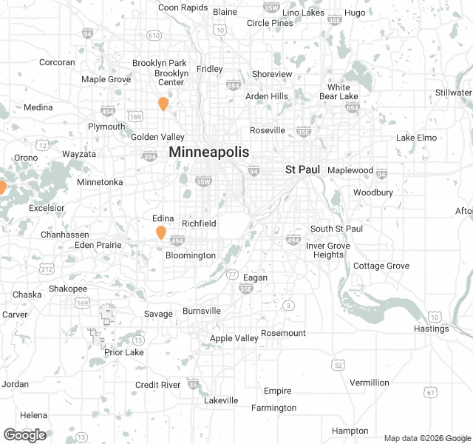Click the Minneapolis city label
click(209, 152)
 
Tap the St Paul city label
click(302, 170)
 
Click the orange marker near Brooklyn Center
click(163, 104)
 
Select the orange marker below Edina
click(160, 233)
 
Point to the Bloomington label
click(191, 255)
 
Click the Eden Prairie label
click(98, 245)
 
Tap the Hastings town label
click(432, 329)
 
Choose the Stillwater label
click(453, 92)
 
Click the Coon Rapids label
click(183, 7)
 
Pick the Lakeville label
click(221, 400)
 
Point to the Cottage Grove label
click(381, 266)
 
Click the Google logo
click(25, 435)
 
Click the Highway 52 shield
click(338, 364)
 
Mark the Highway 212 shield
click(47, 268)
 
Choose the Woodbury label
click(372, 192)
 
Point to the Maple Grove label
click(105, 79)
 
